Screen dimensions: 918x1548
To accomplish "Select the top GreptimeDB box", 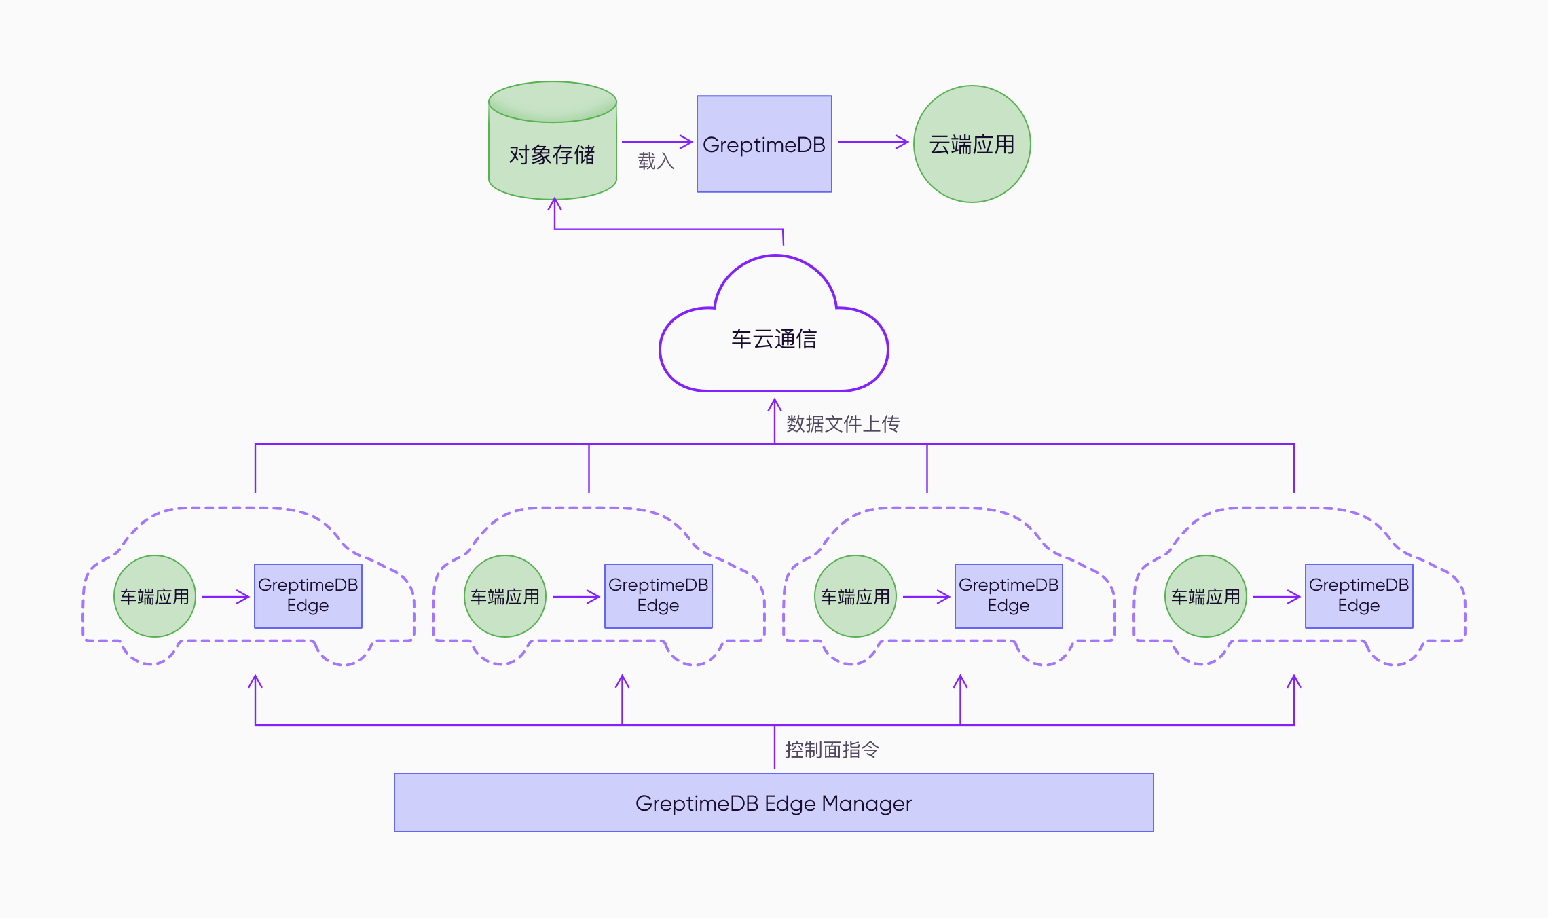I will click(x=764, y=144).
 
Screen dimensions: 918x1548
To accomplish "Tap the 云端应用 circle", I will click(x=972, y=144).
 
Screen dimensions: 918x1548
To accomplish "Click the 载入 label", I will click(x=656, y=161).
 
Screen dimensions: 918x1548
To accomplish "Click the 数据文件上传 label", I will click(x=843, y=424).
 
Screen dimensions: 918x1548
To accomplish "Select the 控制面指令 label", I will click(x=832, y=750).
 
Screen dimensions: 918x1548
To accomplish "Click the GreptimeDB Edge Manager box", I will click(x=773, y=803).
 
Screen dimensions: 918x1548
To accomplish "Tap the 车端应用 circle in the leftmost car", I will click(x=155, y=596).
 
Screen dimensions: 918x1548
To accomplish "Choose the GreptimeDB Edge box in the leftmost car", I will click(x=308, y=595).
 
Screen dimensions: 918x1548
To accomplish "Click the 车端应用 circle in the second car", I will click(x=505, y=596).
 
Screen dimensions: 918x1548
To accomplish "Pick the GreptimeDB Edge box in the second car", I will click(x=658, y=595).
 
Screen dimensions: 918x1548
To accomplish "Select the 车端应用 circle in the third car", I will click(x=855, y=596).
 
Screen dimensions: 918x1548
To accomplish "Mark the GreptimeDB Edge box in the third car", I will click(x=1008, y=595).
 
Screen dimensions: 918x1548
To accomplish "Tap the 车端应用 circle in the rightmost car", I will click(x=1206, y=596).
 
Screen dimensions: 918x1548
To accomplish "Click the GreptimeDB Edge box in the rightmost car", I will click(x=1359, y=595).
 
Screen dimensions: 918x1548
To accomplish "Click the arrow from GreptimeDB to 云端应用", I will click(x=872, y=142).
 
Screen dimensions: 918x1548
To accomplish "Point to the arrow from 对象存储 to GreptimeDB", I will click(x=657, y=142).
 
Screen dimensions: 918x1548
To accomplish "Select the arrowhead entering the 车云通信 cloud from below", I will click(x=775, y=405).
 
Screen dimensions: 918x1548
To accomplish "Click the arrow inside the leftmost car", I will click(x=225, y=597).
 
